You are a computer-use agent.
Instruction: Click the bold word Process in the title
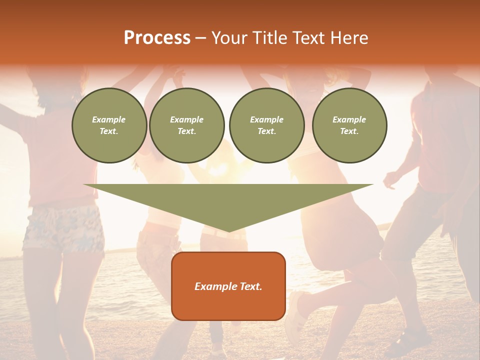[157, 38]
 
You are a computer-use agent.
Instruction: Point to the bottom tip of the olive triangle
[228, 231]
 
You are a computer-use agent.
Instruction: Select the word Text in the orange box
[249, 286]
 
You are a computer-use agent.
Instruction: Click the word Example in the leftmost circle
[109, 119]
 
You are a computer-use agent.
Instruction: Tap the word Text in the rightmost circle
[349, 131]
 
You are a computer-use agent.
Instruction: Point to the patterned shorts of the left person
[62, 227]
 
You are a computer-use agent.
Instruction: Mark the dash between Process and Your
[201, 38]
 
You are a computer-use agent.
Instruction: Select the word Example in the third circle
[266, 119]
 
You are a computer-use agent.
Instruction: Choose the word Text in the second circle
[186, 131]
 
